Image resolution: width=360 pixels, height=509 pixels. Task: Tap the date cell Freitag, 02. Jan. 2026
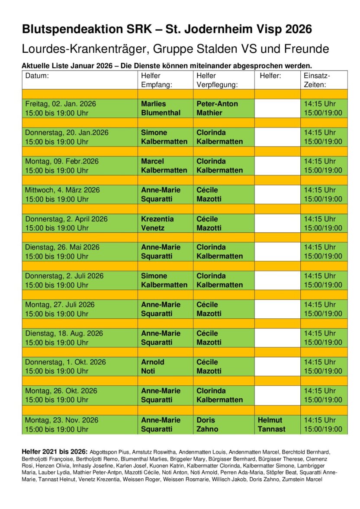[61, 104]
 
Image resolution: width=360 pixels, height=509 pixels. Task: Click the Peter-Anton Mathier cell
[217, 108]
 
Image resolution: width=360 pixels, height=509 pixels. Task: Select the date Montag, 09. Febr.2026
[62, 161]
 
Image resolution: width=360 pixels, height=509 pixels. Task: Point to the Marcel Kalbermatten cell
[164, 166]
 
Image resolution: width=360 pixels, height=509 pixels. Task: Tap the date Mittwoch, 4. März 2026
[62, 190]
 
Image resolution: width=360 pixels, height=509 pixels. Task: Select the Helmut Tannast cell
[272, 424]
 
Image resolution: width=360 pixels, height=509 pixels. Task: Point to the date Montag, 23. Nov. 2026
[61, 420]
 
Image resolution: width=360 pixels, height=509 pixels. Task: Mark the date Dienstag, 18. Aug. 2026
[64, 333]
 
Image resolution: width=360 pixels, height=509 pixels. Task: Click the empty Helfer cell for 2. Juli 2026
[277, 280]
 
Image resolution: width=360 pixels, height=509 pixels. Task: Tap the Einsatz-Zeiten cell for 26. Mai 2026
[323, 252]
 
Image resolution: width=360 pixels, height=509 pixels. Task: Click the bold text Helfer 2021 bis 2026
[55, 451]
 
